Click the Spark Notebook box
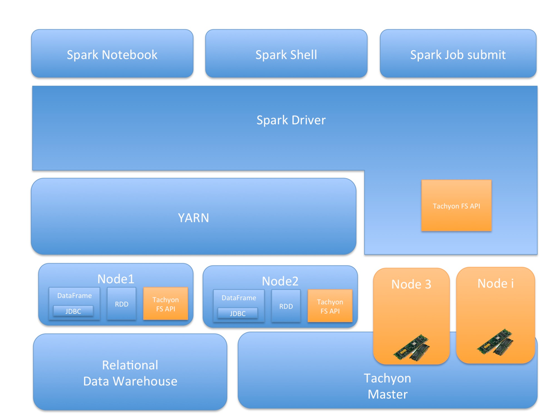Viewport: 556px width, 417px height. (112, 54)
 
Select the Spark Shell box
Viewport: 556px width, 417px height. (286, 54)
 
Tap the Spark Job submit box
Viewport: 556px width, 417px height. (458, 54)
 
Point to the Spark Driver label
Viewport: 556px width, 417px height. (291, 120)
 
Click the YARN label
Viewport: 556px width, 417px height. (193, 217)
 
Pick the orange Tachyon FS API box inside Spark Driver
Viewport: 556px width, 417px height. (456, 206)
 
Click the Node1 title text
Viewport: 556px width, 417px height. (115, 278)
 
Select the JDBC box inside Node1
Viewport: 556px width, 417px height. (73, 311)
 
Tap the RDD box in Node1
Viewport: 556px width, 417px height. (121, 304)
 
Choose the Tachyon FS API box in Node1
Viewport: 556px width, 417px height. (166, 304)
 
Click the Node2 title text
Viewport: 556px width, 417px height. (280, 280)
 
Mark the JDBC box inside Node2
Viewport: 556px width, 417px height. (238, 313)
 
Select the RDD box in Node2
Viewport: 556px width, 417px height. (286, 306)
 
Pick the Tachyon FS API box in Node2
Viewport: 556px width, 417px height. (330, 306)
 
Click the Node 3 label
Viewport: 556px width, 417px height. (411, 284)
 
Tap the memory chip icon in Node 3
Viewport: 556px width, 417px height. (412, 347)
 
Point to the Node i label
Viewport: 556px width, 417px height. (495, 283)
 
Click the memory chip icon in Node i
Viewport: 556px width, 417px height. (495, 342)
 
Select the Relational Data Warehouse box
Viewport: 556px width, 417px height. (130, 373)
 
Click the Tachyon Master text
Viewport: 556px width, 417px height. (388, 386)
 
